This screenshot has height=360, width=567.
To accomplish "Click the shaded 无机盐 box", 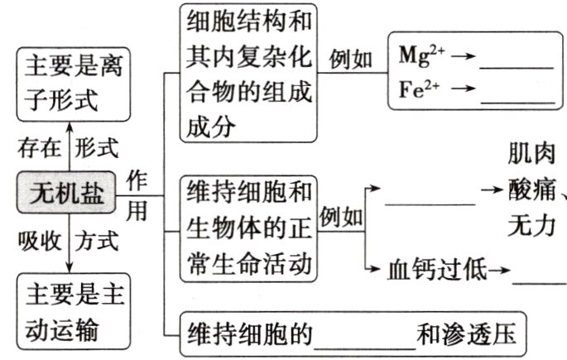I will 67,191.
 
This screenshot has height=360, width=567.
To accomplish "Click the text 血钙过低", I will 437,269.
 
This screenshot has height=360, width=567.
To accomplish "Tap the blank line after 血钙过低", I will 538,280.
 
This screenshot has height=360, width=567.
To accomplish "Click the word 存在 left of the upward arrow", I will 39,149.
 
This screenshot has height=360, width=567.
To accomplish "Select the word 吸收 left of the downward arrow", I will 39,241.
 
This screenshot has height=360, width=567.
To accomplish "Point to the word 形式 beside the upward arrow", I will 97,149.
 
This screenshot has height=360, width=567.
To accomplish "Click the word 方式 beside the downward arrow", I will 97,241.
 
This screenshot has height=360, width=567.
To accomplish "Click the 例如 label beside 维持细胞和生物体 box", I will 341,218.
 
